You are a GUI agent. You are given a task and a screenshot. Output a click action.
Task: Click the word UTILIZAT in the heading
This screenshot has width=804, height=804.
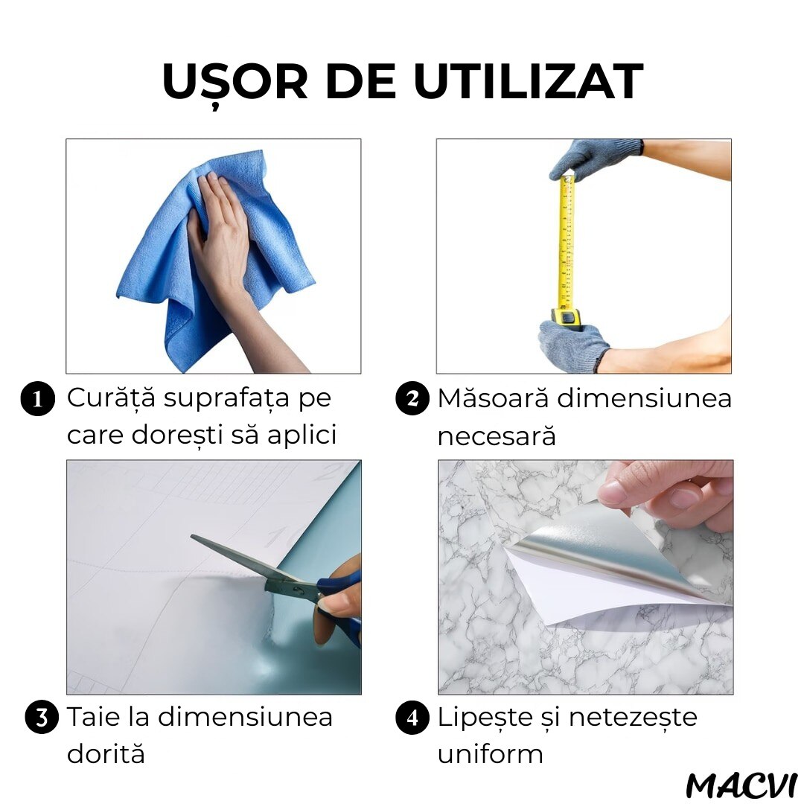[x=528, y=81]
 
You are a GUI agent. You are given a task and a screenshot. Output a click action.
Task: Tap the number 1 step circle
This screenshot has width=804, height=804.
[x=37, y=399]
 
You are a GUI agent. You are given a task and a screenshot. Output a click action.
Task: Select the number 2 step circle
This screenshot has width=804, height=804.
[x=412, y=399]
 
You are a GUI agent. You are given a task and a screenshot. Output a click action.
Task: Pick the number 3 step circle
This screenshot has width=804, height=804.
[x=42, y=718]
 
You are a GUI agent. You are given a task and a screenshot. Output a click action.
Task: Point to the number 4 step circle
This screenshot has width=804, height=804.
[x=412, y=718]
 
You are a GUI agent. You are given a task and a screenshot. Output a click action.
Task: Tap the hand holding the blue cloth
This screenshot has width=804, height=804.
[x=226, y=246]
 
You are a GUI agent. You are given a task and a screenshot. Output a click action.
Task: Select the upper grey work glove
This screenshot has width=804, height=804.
[x=595, y=157]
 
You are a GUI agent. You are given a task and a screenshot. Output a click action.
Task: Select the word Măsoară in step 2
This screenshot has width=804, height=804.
[x=494, y=398]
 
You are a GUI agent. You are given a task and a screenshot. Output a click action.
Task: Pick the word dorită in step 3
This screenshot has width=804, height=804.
[x=106, y=753]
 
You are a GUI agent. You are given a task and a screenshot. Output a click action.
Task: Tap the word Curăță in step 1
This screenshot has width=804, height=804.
[x=111, y=398]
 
